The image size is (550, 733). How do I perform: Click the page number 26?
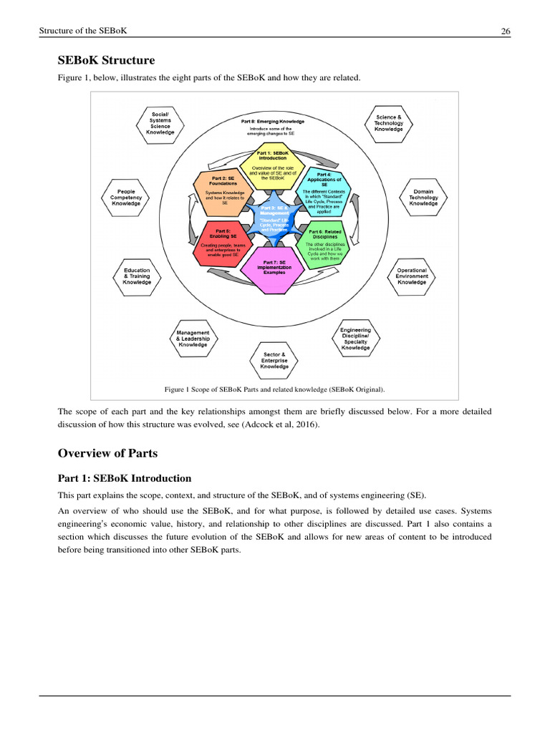coord(504,31)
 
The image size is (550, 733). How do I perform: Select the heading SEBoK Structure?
coord(106,60)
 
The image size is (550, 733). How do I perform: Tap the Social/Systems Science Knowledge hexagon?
coord(160,124)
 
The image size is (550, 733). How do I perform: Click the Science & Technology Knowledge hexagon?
coord(389,123)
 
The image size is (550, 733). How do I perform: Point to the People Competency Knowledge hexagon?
coord(126,198)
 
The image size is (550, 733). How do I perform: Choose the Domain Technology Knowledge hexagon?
coord(423,198)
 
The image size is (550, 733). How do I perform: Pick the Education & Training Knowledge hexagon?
coord(137,276)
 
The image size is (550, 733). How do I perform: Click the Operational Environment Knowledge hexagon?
coord(412,276)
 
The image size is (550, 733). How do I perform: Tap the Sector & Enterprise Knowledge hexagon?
coord(274,361)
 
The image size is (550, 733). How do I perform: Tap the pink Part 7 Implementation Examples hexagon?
coord(274,271)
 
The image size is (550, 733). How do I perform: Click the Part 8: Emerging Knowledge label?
coord(272,122)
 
